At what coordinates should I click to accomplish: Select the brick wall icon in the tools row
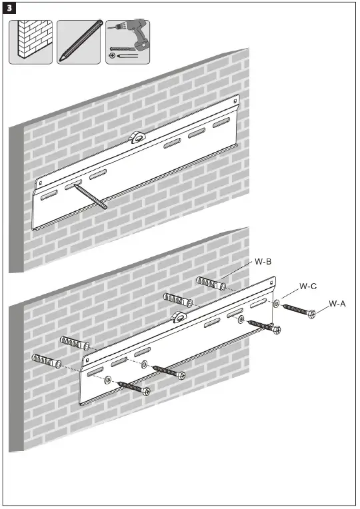[31, 42]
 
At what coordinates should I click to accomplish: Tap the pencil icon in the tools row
[78, 42]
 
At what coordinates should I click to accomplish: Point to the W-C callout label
[307, 286]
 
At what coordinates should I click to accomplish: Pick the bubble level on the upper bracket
[137, 138]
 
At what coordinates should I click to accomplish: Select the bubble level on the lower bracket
[178, 317]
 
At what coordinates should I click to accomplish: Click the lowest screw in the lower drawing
[133, 387]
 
